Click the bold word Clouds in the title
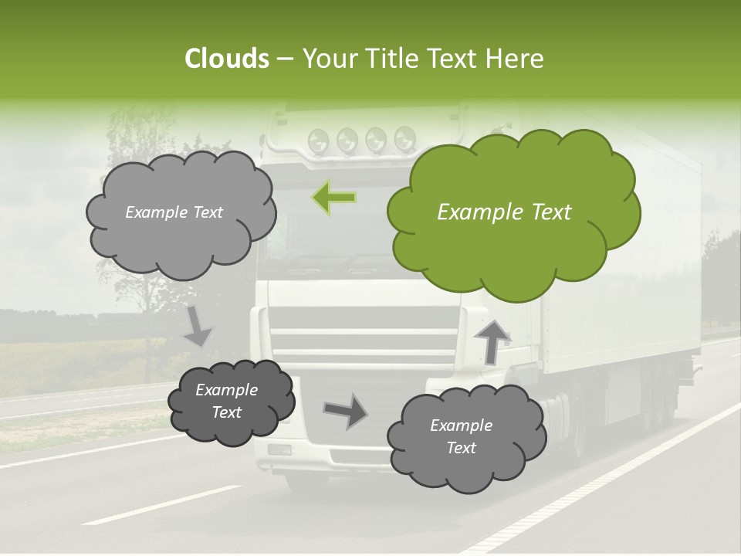[x=226, y=59]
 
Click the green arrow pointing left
[x=334, y=198]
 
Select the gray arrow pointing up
[x=492, y=340]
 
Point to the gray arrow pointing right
[x=345, y=410]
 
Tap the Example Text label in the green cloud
[x=504, y=212]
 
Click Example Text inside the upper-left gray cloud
[x=174, y=212]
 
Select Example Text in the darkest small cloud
[x=227, y=401]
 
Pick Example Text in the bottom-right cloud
[x=462, y=436]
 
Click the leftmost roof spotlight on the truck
[x=318, y=141]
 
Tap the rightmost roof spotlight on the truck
[x=404, y=139]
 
